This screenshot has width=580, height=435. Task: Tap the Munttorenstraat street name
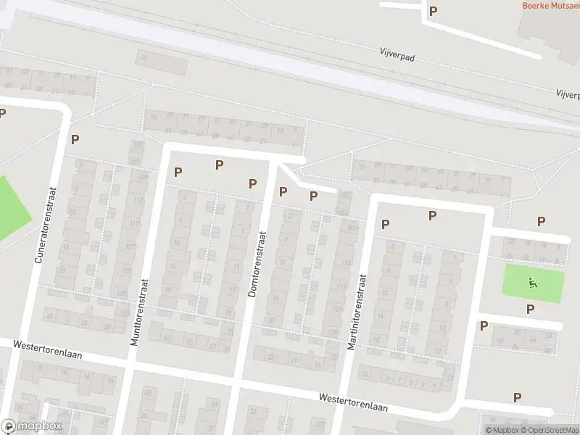(x=139, y=312)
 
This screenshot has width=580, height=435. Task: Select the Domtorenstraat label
(x=257, y=265)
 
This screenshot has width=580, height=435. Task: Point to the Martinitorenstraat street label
(x=357, y=312)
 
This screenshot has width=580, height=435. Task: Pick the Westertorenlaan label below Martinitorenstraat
(x=354, y=402)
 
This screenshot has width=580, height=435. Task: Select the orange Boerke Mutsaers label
(x=551, y=5)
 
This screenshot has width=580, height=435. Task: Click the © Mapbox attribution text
(x=501, y=430)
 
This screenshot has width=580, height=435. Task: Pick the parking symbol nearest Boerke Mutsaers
(x=434, y=11)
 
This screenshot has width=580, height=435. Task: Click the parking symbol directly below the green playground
(x=530, y=309)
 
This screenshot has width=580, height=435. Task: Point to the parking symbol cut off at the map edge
(x=2, y=113)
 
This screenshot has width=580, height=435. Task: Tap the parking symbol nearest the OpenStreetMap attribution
(x=517, y=397)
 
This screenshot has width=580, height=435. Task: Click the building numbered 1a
(x=143, y=57)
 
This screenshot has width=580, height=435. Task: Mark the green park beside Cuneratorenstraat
(x=11, y=207)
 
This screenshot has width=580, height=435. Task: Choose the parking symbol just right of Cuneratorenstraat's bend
(x=74, y=139)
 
